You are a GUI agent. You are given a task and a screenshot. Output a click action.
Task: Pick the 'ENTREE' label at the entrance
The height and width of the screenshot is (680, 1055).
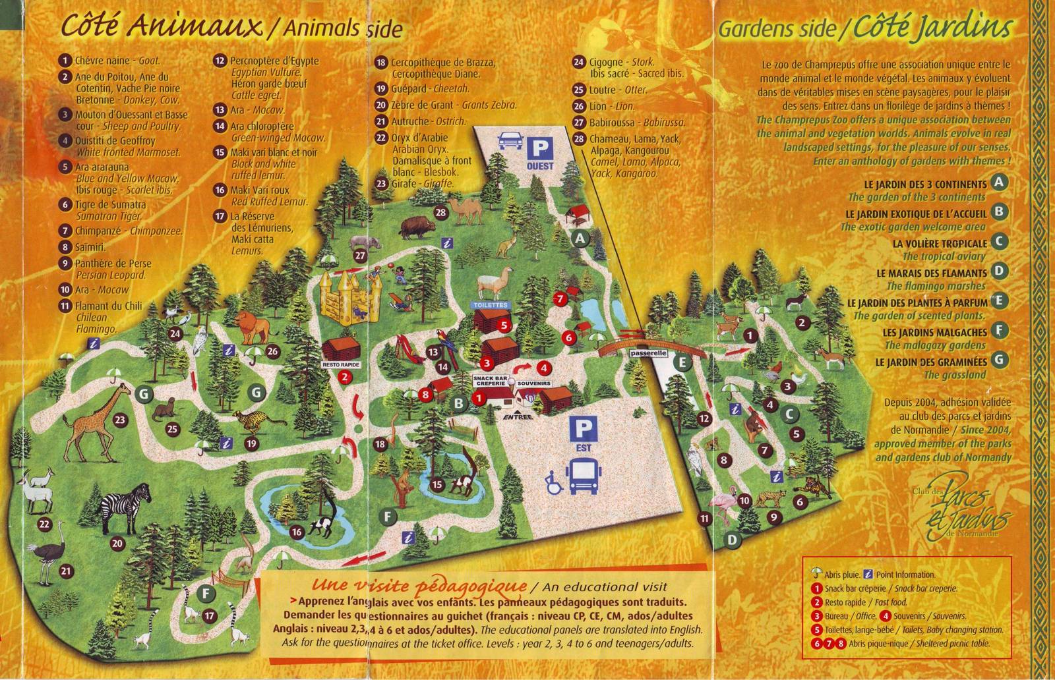(x=516, y=417)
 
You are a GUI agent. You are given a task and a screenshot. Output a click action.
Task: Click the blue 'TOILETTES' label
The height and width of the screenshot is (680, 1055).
(x=491, y=305)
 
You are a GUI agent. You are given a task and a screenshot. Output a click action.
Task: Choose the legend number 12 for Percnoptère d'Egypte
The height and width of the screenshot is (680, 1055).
(x=220, y=61)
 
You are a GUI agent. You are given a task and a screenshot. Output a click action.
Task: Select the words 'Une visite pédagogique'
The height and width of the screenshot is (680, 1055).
(x=419, y=586)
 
